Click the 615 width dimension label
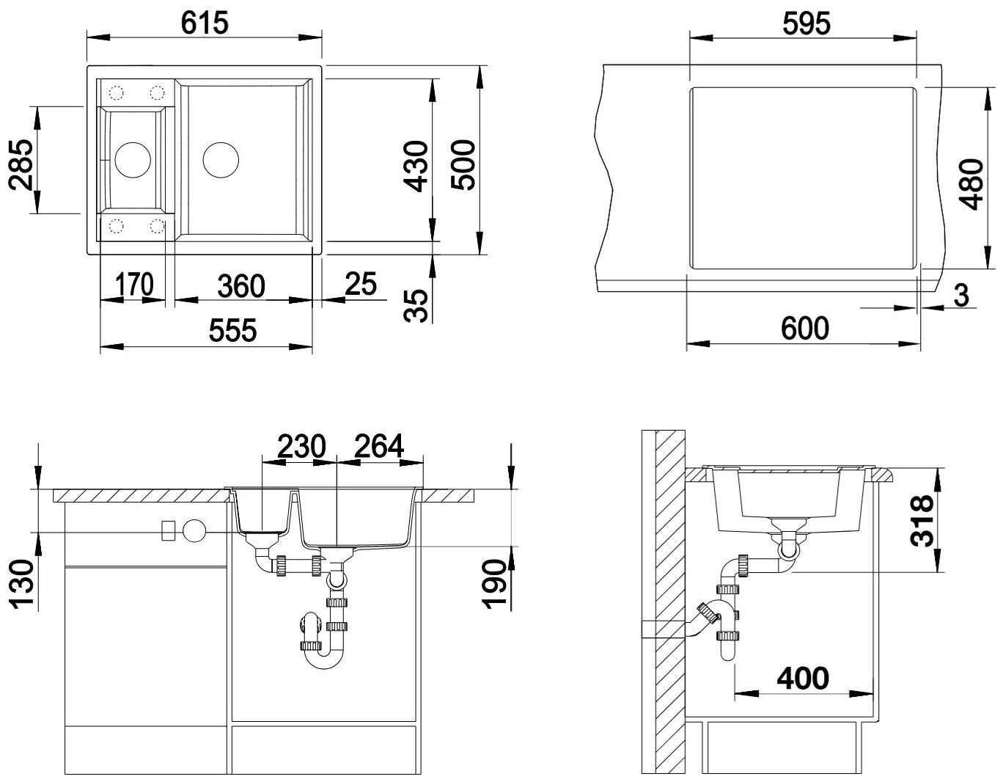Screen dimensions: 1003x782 [x=205, y=23]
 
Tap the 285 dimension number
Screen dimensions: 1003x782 [x=21, y=165]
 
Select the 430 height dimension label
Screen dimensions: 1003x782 [x=416, y=167]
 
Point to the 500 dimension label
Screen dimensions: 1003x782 [x=463, y=165]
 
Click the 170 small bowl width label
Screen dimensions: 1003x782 [x=134, y=285]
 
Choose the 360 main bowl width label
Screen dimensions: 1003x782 [x=241, y=286]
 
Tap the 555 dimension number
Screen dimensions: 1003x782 [x=232, y=331]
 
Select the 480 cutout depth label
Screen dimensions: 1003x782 [x=971, y=184]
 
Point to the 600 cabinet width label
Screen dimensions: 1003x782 [x=805, y=329]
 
